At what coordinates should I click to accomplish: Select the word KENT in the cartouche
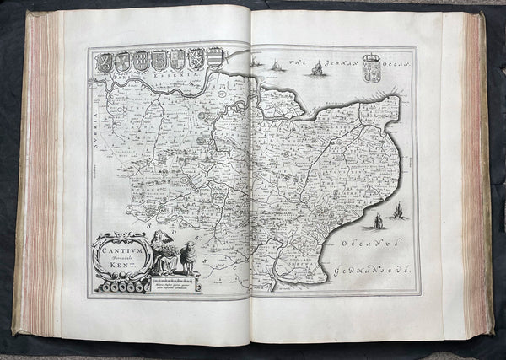click(x=122, y=264)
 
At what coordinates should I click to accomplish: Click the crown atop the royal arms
click(x=371, y=58)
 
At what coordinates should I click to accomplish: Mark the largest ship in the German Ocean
click(x=317, y=69)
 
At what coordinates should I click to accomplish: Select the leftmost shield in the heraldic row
click(x=104, y=62)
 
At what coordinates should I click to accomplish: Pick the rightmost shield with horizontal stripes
click(x=215, y=56)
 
